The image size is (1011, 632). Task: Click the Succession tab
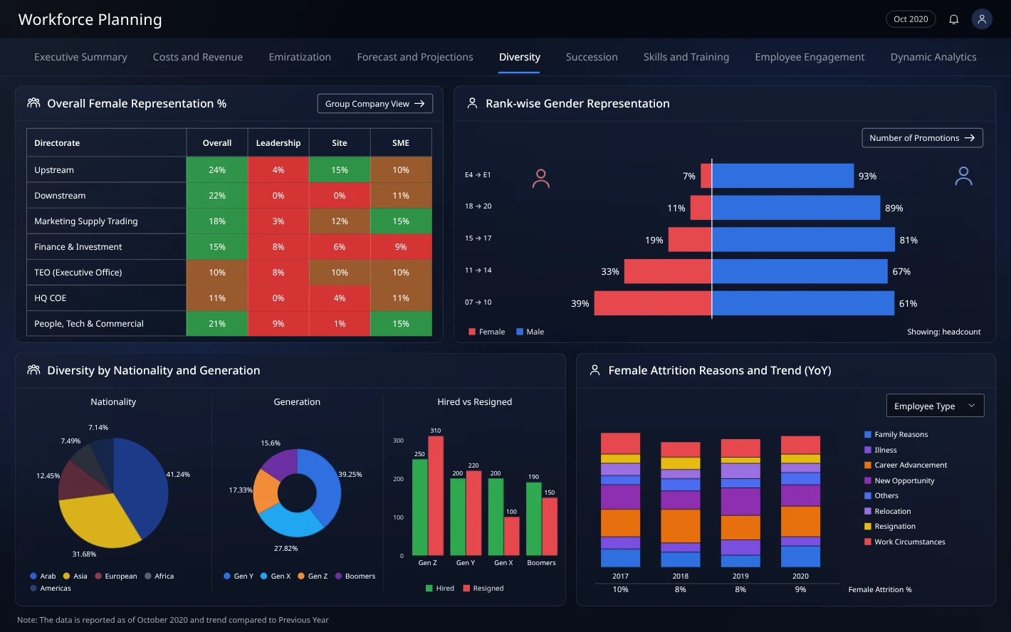pos(591,57)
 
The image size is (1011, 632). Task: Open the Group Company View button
pos(374,103)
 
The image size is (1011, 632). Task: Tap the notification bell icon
pos(953,19)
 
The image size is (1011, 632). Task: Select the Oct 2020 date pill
pos(911,19)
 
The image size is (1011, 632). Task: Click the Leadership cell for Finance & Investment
pos(278,247)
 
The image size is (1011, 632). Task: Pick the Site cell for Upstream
pos(340,169)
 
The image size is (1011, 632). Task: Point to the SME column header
pos(400,143)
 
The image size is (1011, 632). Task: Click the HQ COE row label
pos(50,297)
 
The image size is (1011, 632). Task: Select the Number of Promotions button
pos(922,137)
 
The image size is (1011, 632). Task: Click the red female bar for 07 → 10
pos(653,303)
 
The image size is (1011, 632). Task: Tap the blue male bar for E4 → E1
pos(782,176)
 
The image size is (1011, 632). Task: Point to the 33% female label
pos(609,272)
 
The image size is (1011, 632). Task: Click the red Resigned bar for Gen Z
pos(436,495)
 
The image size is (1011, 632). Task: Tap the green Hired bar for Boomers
pos(533,519)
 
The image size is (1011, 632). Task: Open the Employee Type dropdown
pos(935,406)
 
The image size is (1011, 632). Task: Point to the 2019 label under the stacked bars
pos(740,576)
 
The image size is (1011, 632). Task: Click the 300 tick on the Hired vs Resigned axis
pos(398,441)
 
